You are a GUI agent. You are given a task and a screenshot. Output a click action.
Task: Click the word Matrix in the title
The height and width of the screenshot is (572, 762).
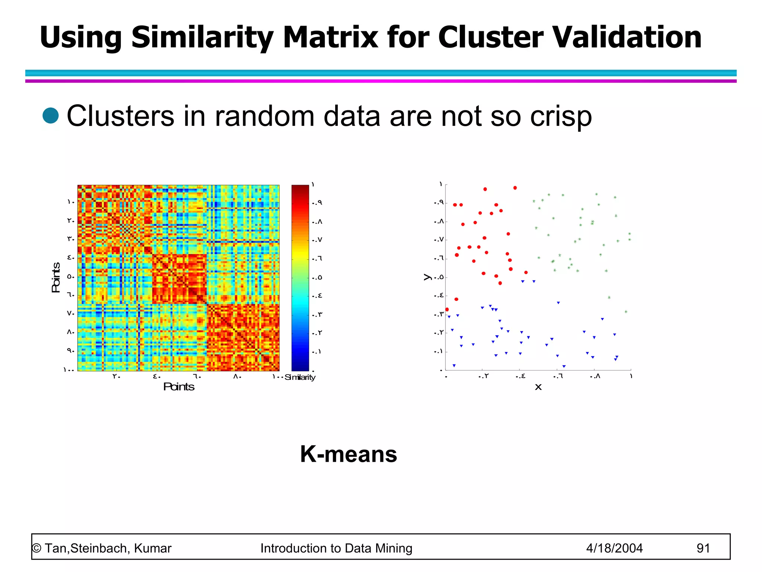(x=330, y=37)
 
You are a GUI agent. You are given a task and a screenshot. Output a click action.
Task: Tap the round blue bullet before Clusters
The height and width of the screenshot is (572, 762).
(x=51, y=115)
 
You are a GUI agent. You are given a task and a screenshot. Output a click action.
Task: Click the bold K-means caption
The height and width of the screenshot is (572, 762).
(x=348, y=454)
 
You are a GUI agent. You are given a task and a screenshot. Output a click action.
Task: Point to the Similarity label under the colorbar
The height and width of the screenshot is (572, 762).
(x=300, y=377)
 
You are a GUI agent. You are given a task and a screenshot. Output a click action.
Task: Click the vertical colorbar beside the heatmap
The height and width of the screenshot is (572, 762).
(x=300, y=277)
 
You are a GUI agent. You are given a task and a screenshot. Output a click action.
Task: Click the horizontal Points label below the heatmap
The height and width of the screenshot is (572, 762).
(x=179, y=387)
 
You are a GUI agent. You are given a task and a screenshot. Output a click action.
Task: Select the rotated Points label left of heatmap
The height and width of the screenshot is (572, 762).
(x=56, y=277)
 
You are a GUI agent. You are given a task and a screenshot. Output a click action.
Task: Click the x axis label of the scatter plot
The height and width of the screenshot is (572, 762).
(x=538, y=387)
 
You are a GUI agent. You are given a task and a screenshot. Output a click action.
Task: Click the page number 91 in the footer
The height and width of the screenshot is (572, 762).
(x=703, y=548)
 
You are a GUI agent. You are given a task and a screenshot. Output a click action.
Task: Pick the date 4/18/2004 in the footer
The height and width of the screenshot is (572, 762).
(x=614, y=548)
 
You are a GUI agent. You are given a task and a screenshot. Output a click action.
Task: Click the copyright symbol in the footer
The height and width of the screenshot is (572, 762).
(x=36, y=548)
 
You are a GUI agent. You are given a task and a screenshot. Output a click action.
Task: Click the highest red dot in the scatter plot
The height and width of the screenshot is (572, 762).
(x=515, y=188)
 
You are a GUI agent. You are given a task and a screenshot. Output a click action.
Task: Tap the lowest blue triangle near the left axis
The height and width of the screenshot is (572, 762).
(x=454, y=366)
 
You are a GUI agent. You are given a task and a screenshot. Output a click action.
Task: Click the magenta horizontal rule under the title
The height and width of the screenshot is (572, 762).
(x=381, y=81)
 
